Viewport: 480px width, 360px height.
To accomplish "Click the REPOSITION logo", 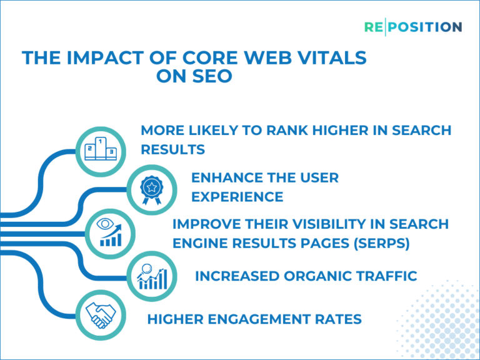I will click(x=413, y=27).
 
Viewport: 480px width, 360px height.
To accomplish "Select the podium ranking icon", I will click(x=101, y=149).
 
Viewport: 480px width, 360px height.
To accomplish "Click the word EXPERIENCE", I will click(x=237, y=197).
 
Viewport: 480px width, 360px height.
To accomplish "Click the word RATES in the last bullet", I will click(x=340, y=319).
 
